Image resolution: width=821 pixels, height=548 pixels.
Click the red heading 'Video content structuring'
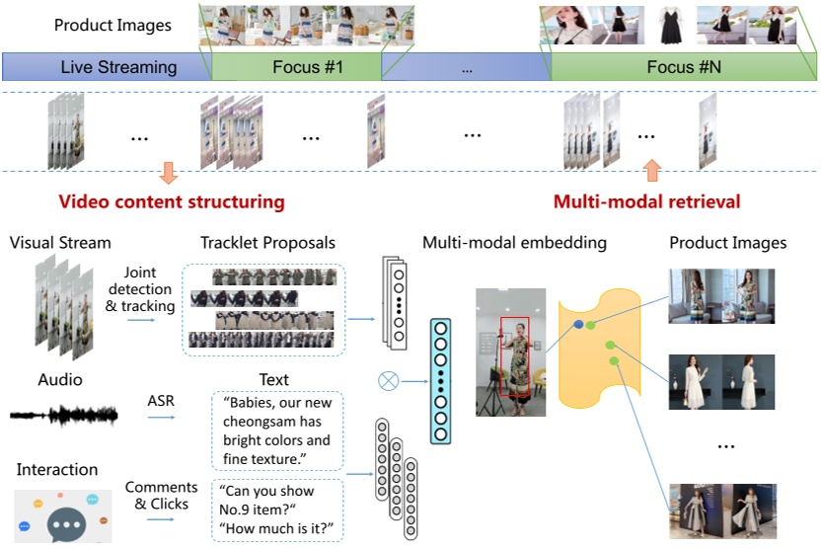coord(172,202)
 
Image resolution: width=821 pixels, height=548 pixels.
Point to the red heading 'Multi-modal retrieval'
coord(646,202)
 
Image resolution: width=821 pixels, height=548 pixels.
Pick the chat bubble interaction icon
coord(66,517)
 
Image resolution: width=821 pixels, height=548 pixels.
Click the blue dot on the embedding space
coord(577,324)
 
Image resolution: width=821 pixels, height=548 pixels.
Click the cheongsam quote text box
coord(276,431)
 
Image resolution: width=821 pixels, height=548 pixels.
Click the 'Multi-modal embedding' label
coord(514,243)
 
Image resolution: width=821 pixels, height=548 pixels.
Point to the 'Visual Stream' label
coord(60,243)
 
